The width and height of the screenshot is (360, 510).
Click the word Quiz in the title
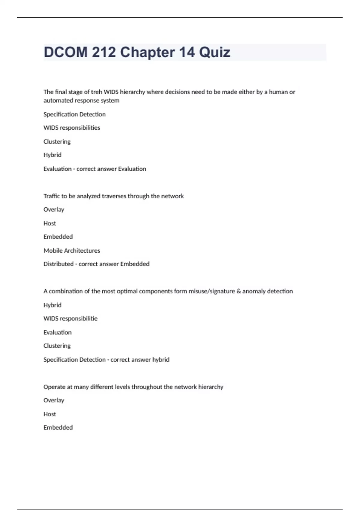pos(214,52)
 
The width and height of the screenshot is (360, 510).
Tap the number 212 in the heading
pos(104,52)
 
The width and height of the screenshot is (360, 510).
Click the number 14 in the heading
pos(187,52)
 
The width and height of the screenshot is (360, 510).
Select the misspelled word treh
pos(96,92)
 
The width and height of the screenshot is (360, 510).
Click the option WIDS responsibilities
pos(72,128)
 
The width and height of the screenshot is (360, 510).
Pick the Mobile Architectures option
pos(72,250)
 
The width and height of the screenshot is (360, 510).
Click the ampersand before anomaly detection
pos(238,291)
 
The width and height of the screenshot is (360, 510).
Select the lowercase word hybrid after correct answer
pos(161,360)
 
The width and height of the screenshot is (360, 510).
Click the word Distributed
pos(58,264)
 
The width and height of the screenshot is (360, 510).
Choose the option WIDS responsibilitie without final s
pos(70,319)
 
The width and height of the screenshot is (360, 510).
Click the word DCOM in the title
pos(66,52)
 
